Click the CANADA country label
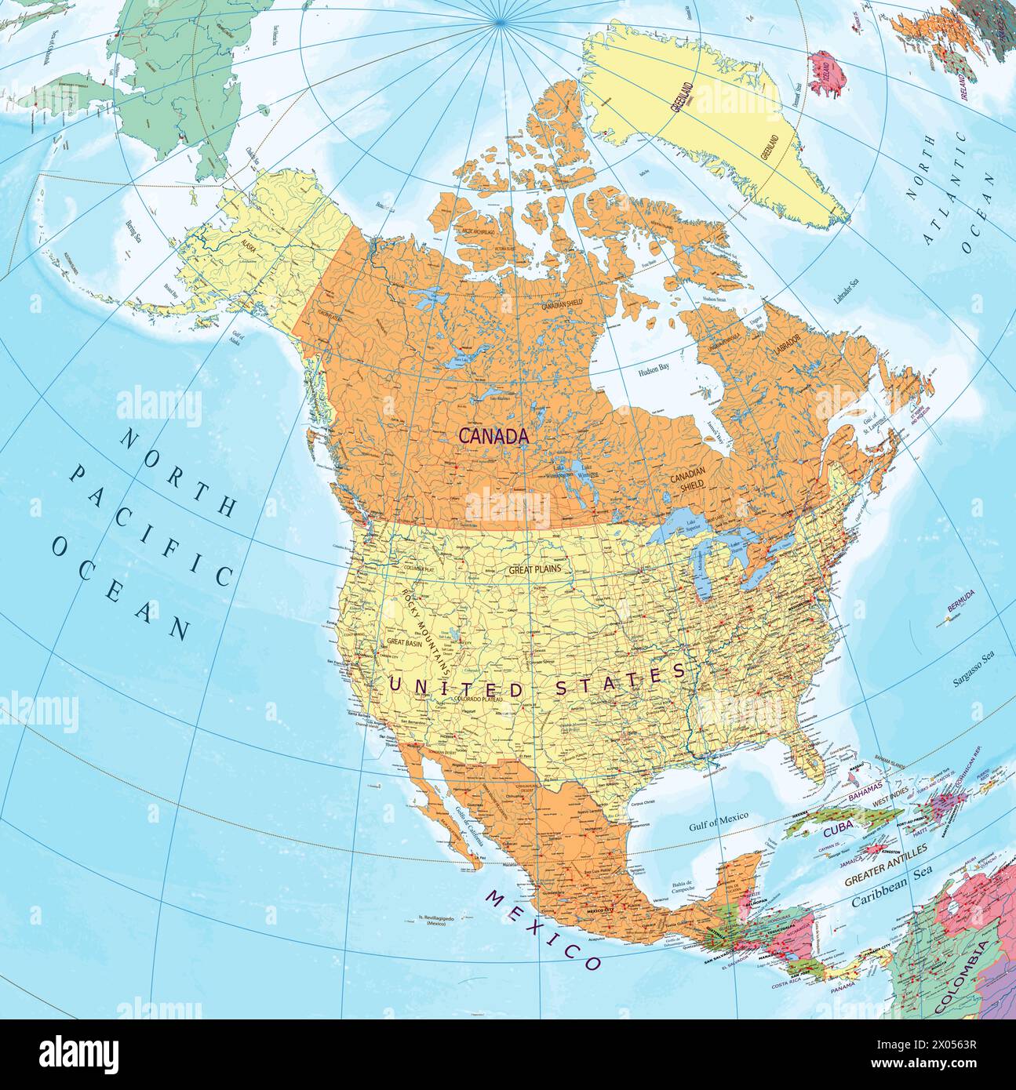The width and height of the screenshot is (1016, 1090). pos(493,436)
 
